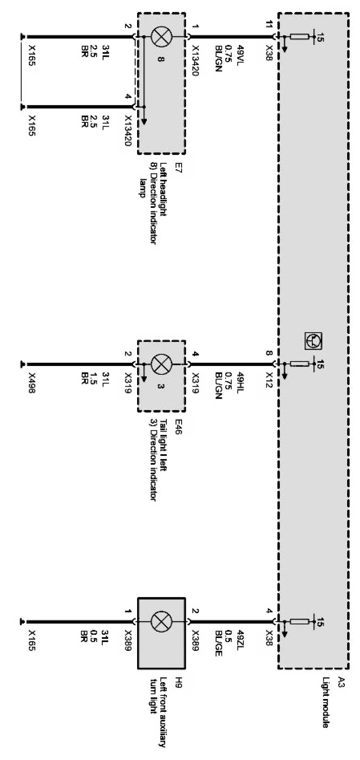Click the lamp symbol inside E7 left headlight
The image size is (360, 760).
pos(161,36)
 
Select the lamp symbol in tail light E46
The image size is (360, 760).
pos(161,365)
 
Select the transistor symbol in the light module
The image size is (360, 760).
pos(314,340)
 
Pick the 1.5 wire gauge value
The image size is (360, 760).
pos(94,379)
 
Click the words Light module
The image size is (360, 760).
pos(326,702)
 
